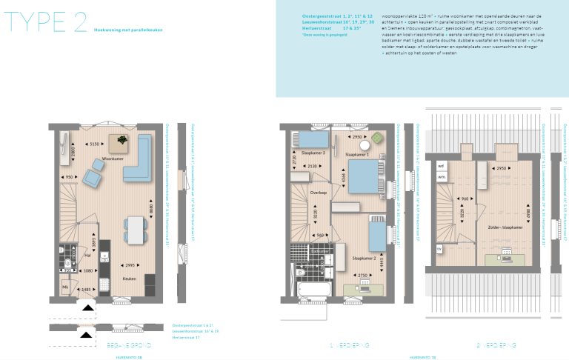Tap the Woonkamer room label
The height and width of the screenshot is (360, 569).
click(x=112, y=159)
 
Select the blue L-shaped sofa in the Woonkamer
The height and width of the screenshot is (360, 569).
click(x=137, y=164)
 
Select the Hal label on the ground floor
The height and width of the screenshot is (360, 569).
click(x=87, y=255)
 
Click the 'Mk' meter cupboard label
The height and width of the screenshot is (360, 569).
click(x=64, y=287)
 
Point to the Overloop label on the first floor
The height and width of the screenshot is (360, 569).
click(x=319, y=191)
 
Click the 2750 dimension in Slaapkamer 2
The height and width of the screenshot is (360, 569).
click(x=363, y=275)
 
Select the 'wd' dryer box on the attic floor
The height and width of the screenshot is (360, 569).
click(x=441, y=166)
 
